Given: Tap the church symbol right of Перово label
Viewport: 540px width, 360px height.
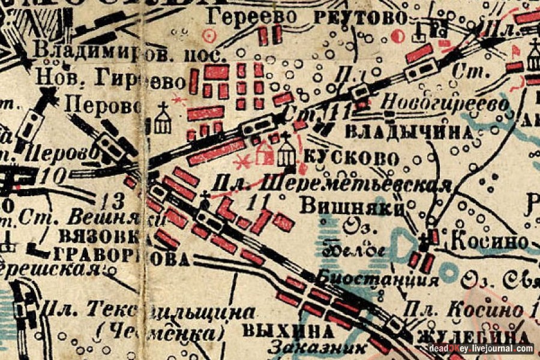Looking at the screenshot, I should pyautogui.click(x=163, y=118).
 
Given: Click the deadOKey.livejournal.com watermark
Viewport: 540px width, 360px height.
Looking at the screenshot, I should pyautogui.click(x=481, y=348).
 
